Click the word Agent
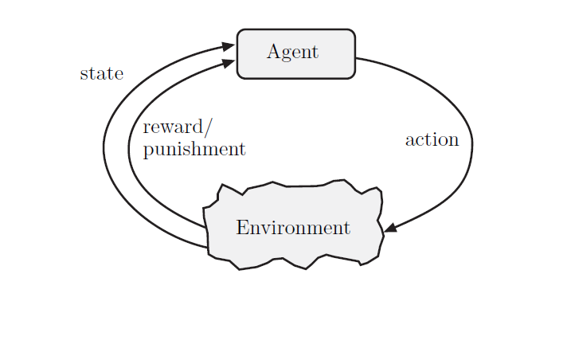tap(292, 53)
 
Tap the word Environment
tap(293, 228)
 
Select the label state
tap(102, 74)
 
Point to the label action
tap(432, 140)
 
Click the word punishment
tap(194, 149)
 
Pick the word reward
tap(174, 127)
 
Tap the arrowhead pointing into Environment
tap(389, 229)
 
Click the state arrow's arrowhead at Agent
tap(229, 46)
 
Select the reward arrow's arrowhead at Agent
tap(229, 62)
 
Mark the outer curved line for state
tap(104, 147)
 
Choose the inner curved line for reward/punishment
tap(128, 147)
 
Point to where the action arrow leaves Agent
tap(356, 58)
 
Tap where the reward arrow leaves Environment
tap(205, 228)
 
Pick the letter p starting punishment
tap(147, 151)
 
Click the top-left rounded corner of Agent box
tap(241, 33)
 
